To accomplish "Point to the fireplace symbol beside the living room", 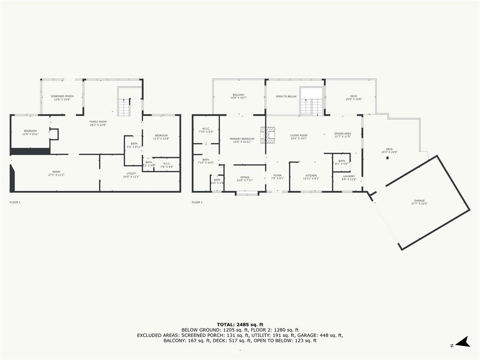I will [x=270, y=134].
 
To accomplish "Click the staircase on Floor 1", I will [x=124, y=109].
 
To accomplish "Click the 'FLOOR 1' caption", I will [x=15, y=202].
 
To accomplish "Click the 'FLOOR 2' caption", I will [x=197, y=202].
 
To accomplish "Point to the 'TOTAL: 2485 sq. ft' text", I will [x=240, y=324].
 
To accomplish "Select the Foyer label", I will [x=277, y=177].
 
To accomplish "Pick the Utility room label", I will [x=131, y=175].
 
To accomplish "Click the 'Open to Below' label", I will [x=286, y=97].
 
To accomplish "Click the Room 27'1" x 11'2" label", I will [x=56, y=173].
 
